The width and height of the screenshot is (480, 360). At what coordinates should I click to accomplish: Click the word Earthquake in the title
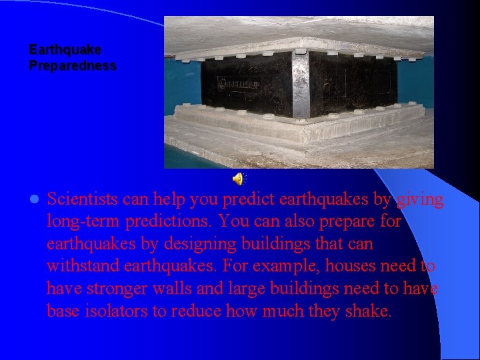pos(65,50)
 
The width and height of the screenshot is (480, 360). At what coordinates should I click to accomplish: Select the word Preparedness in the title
pos(73,66)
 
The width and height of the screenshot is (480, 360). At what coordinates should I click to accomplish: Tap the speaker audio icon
pos(238,178)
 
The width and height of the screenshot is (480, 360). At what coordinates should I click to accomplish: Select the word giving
pos(420,199)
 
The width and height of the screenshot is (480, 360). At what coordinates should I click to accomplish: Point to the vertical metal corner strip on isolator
pos(300,83)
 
